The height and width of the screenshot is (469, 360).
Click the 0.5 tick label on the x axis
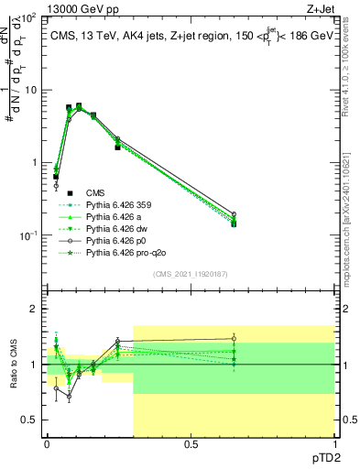pyautogui.click(x=191, y=446)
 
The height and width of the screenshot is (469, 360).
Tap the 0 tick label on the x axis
pyautogui.click(x=47, y=446)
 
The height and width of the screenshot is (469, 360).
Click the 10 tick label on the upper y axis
pyautogui.click(x=28, y=90)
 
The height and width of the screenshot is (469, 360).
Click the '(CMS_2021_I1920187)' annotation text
pyautogui.click(x=191, y=274)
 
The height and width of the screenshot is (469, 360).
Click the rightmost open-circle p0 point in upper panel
pyautogui.click(x=234, y=214)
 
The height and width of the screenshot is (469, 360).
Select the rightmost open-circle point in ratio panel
pyautogui.click(x=234, y=339)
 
